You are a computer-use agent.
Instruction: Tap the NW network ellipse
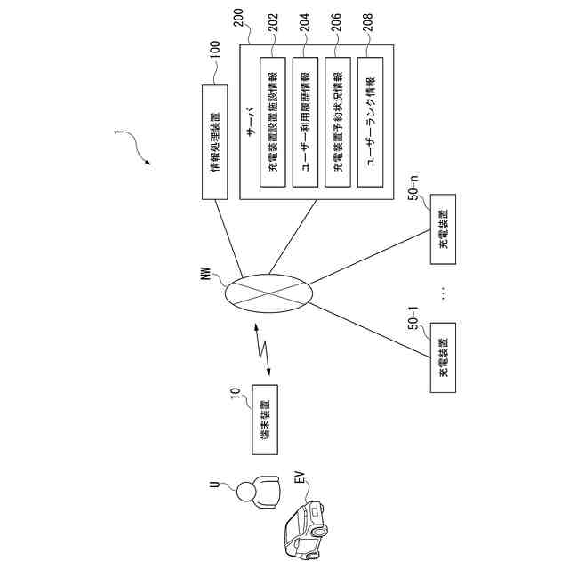point(267,293)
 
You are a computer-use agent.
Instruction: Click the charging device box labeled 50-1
point(442,359)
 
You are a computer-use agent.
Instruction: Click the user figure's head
point(245,490)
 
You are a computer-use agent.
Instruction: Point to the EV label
point(299,484)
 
